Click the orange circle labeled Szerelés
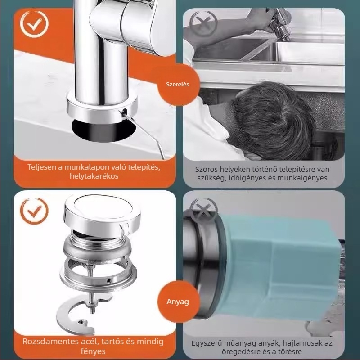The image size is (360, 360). [x=178, y=84]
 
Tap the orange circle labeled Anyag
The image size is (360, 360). [x=178, y=301]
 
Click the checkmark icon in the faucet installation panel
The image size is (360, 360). [x=34, y=24]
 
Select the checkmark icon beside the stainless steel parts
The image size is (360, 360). [x=34, y=211]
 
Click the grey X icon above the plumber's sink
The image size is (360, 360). [x=203, y=24]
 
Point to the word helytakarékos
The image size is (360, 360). [x=94, y=176]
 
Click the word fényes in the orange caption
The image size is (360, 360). [x=93, y=351]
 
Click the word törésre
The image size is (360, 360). [x=289, y=352]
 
